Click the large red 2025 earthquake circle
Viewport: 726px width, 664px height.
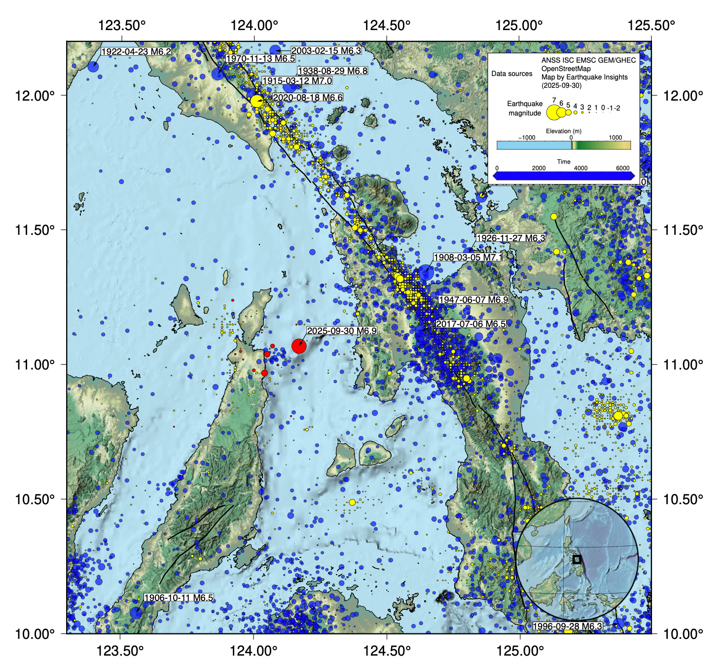tap(299, 346)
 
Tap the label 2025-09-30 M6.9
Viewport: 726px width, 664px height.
tap(342, 331)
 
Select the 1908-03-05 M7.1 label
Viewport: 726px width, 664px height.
tap(468, 258)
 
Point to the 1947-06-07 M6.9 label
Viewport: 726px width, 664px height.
tap(473, 300)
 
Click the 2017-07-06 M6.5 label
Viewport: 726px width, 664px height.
tap(471, 324)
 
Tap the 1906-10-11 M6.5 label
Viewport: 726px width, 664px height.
tap(179, 598)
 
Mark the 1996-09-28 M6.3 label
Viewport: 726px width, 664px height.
tap(568, 627)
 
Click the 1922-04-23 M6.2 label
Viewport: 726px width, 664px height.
tap(136, 52)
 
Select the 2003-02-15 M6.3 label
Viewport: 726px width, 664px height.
tap(326, 51)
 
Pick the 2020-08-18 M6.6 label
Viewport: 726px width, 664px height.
tap(308, 98)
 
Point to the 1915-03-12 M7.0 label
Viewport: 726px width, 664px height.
tap(297, 81)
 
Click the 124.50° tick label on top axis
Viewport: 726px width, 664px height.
tap(387, 25)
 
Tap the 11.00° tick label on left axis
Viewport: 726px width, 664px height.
tap(35, 365)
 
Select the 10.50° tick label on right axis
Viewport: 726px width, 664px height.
tap(683, 499)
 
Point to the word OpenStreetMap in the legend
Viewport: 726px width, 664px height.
tap(566, 69)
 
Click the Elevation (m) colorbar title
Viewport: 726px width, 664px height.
tap(563, 131)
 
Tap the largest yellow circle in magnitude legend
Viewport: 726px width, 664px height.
tap(553, 112)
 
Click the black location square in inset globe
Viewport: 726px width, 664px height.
tap(577, 559)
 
